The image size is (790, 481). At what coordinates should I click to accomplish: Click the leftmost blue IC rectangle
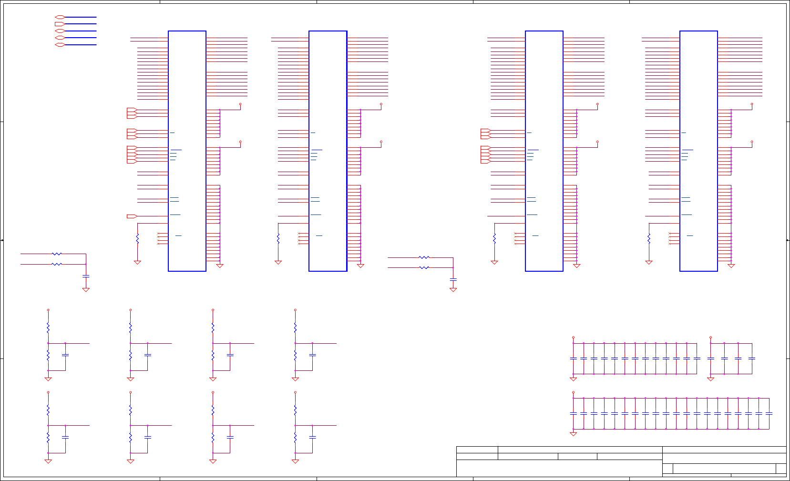click(187, 151)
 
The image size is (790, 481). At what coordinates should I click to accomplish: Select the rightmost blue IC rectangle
click(698, 151)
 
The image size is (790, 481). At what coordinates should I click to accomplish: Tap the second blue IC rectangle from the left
click(328, 151)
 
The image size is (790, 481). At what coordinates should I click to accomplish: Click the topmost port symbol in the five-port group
click(60, 17)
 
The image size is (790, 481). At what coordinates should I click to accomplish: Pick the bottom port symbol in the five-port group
click(60, 45)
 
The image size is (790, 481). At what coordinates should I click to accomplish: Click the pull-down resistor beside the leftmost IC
click(137, 238)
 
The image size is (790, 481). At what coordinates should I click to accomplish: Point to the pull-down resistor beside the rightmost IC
click(649, 238)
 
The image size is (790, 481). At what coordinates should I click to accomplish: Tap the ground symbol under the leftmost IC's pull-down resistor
click(137, 262)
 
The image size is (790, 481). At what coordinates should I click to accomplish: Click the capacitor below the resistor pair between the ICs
click(453, 279)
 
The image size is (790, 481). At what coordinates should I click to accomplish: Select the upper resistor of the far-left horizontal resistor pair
click(57, 254)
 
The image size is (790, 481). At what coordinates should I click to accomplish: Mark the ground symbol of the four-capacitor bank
click(710, 379)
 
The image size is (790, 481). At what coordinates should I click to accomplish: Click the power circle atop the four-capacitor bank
click(710, 338)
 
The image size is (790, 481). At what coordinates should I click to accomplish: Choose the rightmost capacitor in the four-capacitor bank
click(752, 358)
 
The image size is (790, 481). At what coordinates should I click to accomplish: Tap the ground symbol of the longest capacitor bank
click(573, 434)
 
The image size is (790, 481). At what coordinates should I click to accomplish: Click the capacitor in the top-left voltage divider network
click(65, 355)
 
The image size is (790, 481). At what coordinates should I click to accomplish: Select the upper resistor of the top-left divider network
click(48, 327)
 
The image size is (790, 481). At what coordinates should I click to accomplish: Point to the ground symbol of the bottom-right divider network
click(295, 461)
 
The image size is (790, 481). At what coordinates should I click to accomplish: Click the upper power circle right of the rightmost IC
click(752, 104)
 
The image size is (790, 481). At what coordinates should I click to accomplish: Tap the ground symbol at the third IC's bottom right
click(576, 266)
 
